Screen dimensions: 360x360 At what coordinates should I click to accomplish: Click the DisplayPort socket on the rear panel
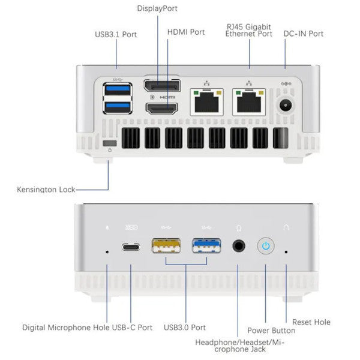(162, 85)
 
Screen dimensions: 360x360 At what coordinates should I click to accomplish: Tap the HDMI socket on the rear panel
(162, 109)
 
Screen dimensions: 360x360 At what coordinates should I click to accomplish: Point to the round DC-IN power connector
(287, 106)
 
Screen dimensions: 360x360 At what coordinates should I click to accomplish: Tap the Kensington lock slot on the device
(109, 145)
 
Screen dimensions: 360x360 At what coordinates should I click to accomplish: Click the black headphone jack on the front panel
(240, 246)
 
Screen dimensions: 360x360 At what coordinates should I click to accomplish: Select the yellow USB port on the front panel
(164, 246)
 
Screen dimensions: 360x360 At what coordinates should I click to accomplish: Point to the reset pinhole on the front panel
(286, 252)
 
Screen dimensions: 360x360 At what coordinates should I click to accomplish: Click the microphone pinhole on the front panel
(107, 252)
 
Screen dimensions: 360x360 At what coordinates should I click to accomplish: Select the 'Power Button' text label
(271, 330)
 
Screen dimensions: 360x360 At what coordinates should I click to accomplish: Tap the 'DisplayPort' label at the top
(157, 8)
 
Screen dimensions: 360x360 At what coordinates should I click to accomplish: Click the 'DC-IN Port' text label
(303, 33)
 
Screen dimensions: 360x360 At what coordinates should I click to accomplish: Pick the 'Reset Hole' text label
(311, 322)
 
